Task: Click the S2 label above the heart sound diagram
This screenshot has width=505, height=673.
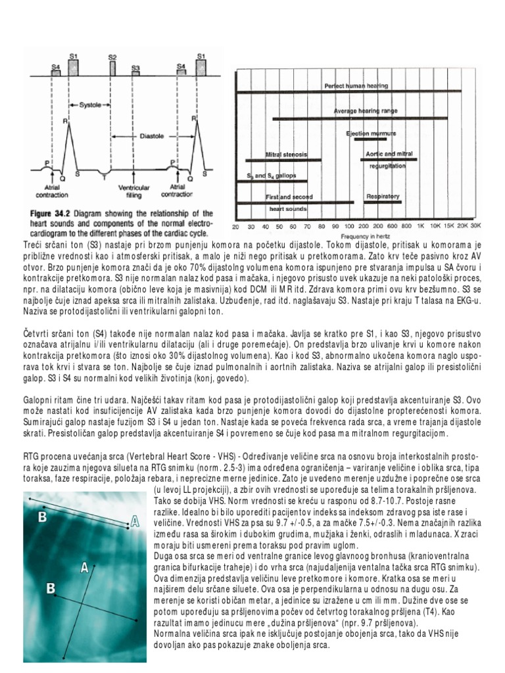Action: pyautogui.click(x=112, y=57)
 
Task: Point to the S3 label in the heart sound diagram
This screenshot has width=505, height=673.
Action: pyautogui.click(x=135, y=68)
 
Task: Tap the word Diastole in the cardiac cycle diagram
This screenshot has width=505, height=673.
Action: pyautogui.click(x=152, y=137)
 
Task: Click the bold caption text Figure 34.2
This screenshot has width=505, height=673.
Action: pyautogui.click(x=53, y=214)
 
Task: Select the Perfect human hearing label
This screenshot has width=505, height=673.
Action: pyautogui.click(x=356, y=85)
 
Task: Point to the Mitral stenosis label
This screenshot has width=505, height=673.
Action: pyautogui.click(x=286, y=154)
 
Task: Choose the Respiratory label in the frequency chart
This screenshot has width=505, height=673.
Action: pyautogui.click(x=382, y=196)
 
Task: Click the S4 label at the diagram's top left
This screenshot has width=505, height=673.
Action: pyautogui.click(x=56, y=67)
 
